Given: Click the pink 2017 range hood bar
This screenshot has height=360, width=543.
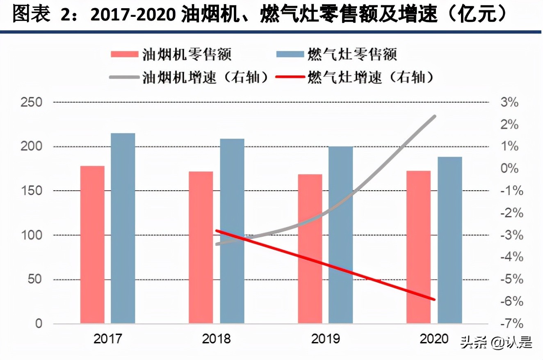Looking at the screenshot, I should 92,245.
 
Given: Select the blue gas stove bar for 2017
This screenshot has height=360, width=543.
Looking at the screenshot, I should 123,228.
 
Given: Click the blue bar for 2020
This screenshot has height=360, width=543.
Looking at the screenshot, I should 449,240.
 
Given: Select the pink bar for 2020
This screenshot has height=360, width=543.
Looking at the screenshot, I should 418,247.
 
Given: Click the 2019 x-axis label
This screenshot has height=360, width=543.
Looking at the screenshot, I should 326,339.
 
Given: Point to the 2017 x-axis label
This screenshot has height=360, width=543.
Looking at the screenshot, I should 108,339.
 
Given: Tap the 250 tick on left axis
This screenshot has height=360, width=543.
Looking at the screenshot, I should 32,102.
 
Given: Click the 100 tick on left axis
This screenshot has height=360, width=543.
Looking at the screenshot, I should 32,235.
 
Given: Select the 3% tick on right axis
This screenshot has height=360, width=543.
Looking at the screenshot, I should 509,103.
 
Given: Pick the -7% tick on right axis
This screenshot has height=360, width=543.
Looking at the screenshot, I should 509,324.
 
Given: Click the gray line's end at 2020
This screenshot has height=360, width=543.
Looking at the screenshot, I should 434,116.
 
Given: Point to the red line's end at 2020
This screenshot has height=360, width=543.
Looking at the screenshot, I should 434,299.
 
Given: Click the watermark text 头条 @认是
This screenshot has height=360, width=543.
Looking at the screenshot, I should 496,342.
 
